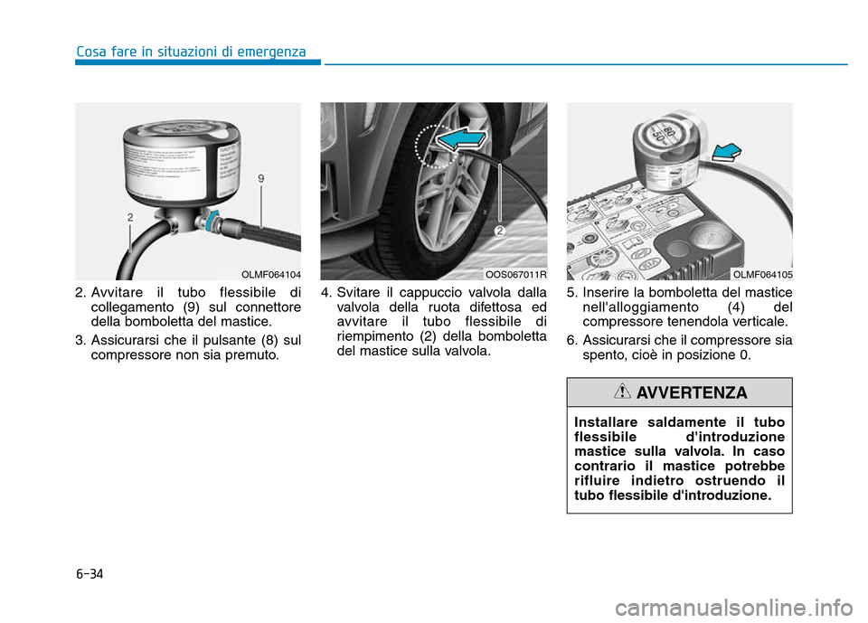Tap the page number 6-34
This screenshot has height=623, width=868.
90,573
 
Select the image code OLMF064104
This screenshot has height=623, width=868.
271,274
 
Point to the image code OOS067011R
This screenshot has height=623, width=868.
515,274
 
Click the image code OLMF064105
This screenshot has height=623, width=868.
762,274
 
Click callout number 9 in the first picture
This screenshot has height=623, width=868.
260,180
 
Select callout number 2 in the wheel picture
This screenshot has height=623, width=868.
497,232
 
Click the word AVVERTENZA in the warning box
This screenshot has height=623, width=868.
692,393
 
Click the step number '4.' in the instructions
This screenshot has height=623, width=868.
326,292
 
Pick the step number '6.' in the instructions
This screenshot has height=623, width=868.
572,341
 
